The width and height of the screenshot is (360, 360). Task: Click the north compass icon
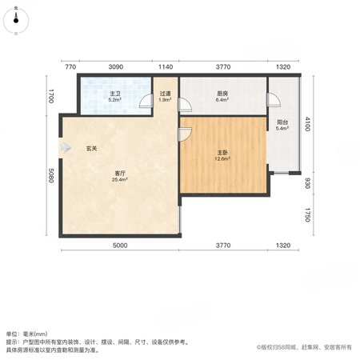click(x=16, y=20)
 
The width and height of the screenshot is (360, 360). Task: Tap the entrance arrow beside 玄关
click(x=66, y=147)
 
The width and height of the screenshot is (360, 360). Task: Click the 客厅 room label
click(x=120, y=174)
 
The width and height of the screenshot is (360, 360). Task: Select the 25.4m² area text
click(x=120, y=180)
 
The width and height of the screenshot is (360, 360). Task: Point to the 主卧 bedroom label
click(x=222, y=153)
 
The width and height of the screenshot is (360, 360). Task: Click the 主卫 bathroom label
click(x=115, y=94)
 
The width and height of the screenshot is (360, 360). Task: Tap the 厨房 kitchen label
click(x=222, y=94)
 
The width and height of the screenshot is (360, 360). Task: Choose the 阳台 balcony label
click(x=282, y=122)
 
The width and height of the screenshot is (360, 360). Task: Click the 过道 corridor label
click(x=165, y=94)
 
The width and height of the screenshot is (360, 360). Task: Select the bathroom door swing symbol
click(x=146, y=102)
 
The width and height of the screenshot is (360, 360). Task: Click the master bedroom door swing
click(x=185, y=134)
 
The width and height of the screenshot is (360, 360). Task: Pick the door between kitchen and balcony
click(x=274, y=100)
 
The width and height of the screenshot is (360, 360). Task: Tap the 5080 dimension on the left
click(x=51, y=175)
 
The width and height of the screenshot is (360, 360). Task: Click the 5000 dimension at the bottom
click(x=120, y=245)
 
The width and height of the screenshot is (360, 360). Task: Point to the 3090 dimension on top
click(x=116, y=66)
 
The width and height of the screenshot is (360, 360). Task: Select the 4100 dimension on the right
click(x=307, y=124)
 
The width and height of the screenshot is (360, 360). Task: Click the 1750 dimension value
click(x=307, y=215)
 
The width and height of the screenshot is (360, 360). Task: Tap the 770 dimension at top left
click(x=70, y=66)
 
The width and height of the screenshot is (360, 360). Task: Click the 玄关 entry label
click(x=91, y=149)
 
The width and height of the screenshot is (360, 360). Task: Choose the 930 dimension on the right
click(x=307, y=183)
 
